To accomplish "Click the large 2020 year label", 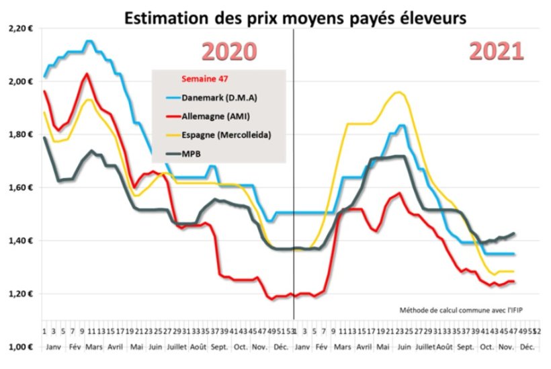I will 230,52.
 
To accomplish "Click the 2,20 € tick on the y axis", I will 20,28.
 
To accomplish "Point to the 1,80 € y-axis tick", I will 20,134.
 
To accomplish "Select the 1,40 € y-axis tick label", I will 20,241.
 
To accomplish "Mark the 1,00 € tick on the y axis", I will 20,347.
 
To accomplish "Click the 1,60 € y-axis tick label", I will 20,188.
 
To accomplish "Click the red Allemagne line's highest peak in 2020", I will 87,74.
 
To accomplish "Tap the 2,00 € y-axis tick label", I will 20,81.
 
